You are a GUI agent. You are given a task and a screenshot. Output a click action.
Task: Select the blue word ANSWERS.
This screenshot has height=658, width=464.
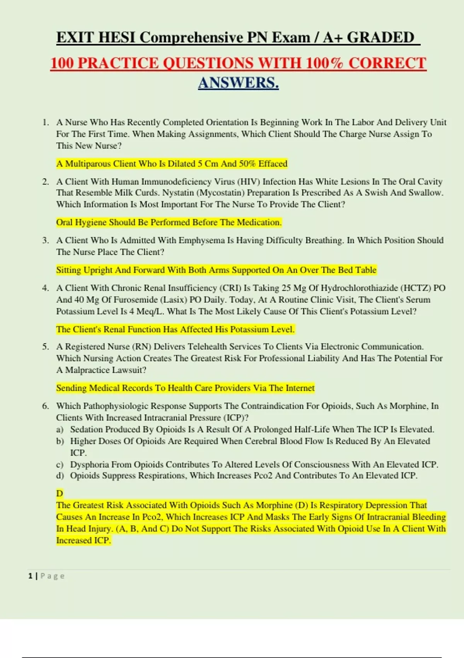tap(238, 83)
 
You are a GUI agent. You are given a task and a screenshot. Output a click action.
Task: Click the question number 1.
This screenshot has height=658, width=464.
tap(46, 122)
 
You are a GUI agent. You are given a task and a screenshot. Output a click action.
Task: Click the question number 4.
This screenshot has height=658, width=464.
tap(46, 288)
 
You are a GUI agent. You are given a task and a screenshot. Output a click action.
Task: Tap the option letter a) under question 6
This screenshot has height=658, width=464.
tap(60, 430)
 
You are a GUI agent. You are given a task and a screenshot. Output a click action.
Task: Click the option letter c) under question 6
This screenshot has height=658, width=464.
tap(60, 464)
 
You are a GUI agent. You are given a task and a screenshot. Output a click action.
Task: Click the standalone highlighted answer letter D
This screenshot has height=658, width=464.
tap(60, 494)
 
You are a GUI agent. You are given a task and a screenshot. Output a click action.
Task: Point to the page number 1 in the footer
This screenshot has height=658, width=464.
tap(30, 576)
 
